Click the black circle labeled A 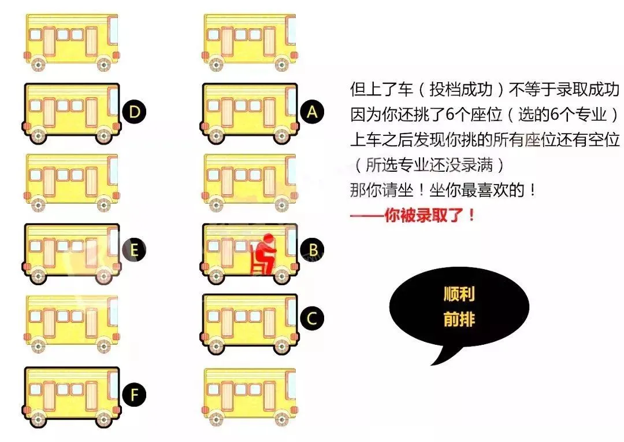tap(313, 112)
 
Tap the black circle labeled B tap(313, 250)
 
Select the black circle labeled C tap(313, 318)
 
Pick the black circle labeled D tap(135, 112)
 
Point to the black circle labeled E tap(135, 250)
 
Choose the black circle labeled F tap(135, 395)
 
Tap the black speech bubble tap(459, 307)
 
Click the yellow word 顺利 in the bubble tap(459, 294)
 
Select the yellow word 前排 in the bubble tap(459, 319)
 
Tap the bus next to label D tap(71, 113)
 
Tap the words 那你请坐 tap(381, 190)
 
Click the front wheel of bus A tap(281, 136)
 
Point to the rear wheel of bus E tap(38, 276)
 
